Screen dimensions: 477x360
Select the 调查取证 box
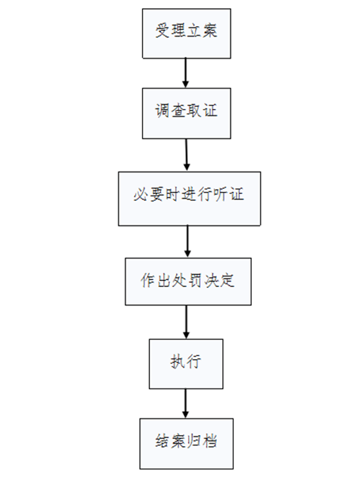click(x=186, y=113)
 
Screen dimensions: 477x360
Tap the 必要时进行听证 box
click(x=188, y=198)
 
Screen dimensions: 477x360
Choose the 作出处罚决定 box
click(x=188, y=282)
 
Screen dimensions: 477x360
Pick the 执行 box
click(x=186, y=364)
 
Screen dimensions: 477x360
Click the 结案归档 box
click(x=186, y=443)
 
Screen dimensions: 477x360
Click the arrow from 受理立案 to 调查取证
click(x=186, y=73)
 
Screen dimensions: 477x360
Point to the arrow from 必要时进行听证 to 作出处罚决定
click(x=187, y=242)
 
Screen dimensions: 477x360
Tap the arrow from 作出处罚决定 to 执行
click(x=186, y=322)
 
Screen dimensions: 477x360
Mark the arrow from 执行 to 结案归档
click(x=186, y=404)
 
